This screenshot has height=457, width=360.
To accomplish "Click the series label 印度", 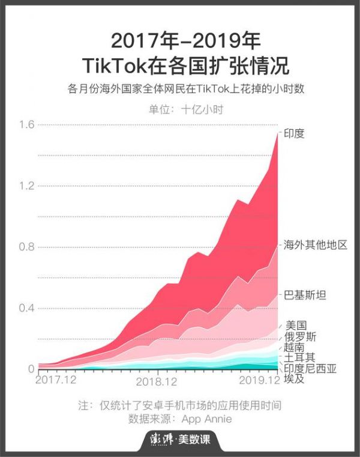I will (294, 133).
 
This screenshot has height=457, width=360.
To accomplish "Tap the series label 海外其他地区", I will (315, 246).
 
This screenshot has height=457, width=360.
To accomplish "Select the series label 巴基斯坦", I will (305, 294).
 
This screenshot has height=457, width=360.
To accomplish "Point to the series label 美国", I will (296, 325).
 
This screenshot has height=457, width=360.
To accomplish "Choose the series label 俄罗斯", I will (301, 336).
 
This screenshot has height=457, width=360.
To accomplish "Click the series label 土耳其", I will (300, 358).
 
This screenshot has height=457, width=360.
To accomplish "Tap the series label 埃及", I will (295, 379).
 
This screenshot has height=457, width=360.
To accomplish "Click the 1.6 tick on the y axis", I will (26, 124).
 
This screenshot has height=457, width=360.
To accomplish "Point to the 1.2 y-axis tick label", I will (26, 186).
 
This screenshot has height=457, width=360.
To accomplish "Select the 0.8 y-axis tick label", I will (26, 247).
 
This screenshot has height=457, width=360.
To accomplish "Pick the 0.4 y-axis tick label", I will (26, 308).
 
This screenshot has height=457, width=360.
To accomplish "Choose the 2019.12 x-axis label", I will (259, 380).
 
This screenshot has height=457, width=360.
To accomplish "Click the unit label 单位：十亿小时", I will (180, 109).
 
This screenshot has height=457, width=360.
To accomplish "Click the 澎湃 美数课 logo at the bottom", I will (180, 439).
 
